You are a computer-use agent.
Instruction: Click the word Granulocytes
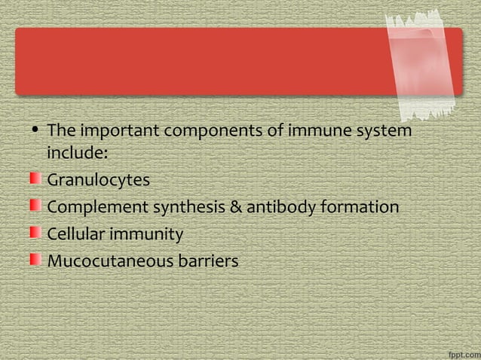[x=98, y=181]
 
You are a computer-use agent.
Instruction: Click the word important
[x=119, y=132]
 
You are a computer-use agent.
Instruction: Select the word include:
[x=78, y=153]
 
